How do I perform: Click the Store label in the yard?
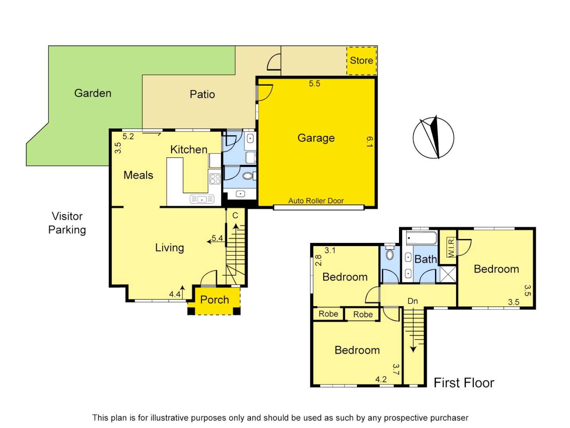click(x=361, y=61)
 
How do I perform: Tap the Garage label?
click(x=316, y=138)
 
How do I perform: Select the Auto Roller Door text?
click(x=316, y=201)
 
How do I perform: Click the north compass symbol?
click(x=433, y=138)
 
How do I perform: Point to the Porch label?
click(x=215, y=300)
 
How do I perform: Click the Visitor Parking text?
click(x=67, y=223)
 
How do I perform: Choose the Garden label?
click(x=93, y=93)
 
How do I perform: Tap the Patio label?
click(x=202, y=94)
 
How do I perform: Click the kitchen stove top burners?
click(x=215, y=179)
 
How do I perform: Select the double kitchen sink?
click(x=202, y=199)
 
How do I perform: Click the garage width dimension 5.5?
click(x=314, y=84)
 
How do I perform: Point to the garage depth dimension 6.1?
click(x=369, y=142)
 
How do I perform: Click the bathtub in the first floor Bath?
click(x=421, y=238)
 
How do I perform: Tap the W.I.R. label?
click(x=450, y=247)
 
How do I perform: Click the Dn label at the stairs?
click(x=412, y=301)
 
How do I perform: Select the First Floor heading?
click(x=464, y=383)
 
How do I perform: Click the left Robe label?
click(x=328, y=314)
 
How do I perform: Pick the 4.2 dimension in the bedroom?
click(x=381, y=379)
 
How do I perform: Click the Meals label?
click(x=138, y=175)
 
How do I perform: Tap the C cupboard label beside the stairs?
click(x=235, y=215)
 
